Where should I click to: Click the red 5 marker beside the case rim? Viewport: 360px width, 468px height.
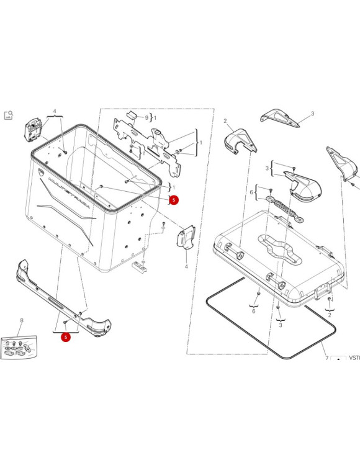(x=174, y=200)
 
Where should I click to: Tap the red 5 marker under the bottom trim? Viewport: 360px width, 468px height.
(x=65, y=337)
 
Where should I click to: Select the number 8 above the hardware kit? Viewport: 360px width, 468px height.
(x=21, y=321)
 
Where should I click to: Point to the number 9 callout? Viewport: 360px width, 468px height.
(x=147, y=117)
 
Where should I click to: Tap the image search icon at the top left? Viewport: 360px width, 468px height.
(x=9, y=115)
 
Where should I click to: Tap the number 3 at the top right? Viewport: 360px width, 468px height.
(x=312, y=114)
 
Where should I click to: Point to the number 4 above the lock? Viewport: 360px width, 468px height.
(x=54, y=112)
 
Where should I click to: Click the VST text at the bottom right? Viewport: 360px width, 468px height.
(x=354, y=358)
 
